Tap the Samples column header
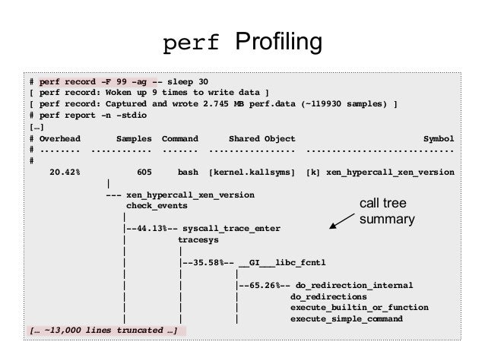coord(134,139)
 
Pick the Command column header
coord(179,139)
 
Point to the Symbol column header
coord(439,139)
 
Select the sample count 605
coord(144,173)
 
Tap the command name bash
coord(188,173)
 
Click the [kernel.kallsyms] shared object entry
coord(252,173)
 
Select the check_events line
coord(157,205)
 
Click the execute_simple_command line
coord(347,318)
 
